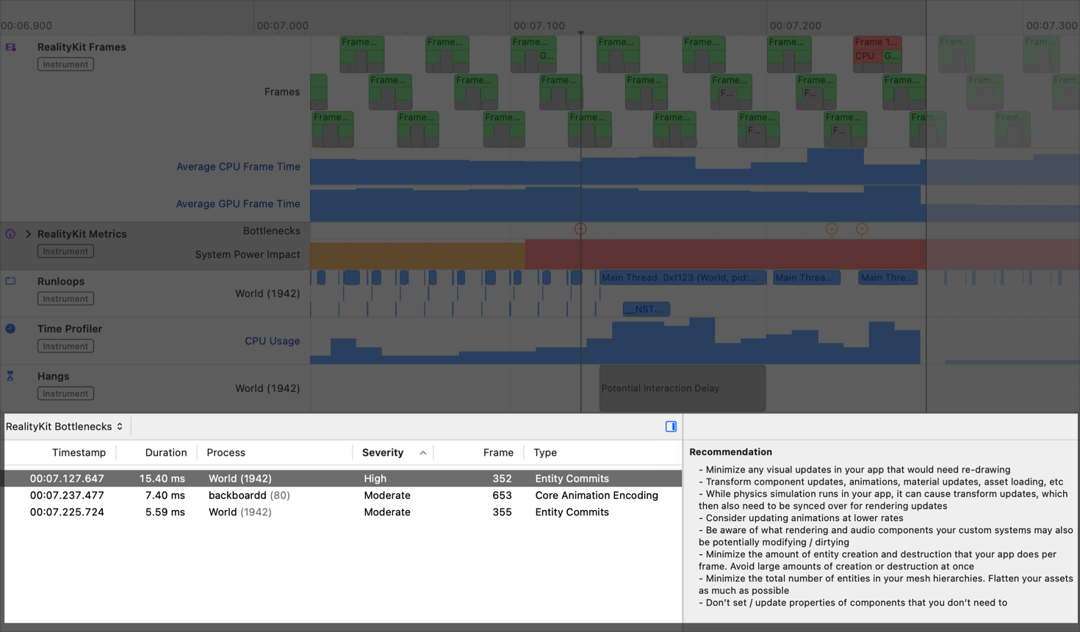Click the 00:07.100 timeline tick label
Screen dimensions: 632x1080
[539, 26]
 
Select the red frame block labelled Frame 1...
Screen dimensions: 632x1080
[876, 43]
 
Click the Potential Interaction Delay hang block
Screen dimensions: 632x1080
[682, 388]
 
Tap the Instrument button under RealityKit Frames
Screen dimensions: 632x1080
[65, 65]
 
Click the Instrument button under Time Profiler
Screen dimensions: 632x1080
[65, 346]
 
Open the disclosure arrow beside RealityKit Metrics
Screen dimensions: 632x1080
[29, 234]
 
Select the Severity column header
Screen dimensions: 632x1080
[383, 453]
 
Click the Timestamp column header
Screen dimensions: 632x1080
[79, 453]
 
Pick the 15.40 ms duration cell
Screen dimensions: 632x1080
[162, 479]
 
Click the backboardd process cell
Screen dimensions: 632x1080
[237, 495]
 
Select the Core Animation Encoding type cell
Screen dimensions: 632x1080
[596, 495]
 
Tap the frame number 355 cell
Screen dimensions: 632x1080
[502, 512]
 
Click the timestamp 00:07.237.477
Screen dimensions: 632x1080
[67, 495]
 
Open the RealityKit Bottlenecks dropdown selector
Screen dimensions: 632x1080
[65, 426]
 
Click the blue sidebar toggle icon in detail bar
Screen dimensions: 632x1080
[671, 426]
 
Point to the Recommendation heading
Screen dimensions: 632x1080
[730, 452]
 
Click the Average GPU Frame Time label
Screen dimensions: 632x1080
[238, 204]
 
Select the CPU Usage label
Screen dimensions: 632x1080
[272, 341]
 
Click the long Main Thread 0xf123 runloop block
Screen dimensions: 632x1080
[682, 277]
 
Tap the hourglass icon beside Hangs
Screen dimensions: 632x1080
[10, 377]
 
